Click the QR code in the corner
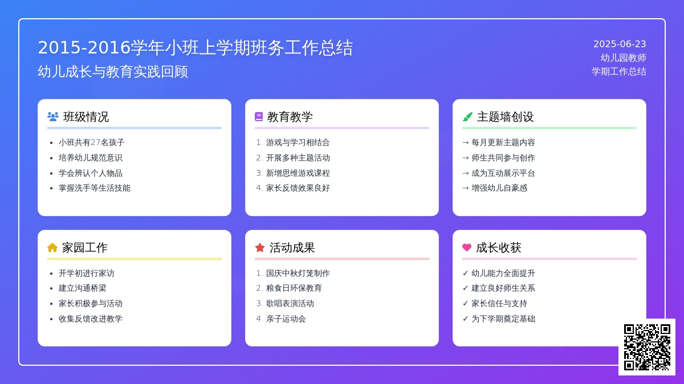click(x=647, y=347)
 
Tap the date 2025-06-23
click(x=620, y=44)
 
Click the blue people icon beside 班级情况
click(x=53, y=117)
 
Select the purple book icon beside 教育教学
click(x=259, y=117)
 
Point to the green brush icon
click(x=467, y=117)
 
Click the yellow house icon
click(x=52, y=247)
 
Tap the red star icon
click(x=260, y=247)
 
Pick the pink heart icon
click(x=467, y=247)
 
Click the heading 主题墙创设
click(x=506, y=117)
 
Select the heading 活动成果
click(x=292, y=248)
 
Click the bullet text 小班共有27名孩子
click(x=92, y=142)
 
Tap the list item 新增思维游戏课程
click(x=298, y=173)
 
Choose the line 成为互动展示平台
click(x=503, y=173)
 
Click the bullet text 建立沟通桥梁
click(x=83, y=288)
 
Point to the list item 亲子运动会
click(x=286, y=319)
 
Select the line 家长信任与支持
click(x=499, y=304)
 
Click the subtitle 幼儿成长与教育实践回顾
click(x=113, y=72)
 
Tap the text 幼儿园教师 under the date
click(x=623, y=57)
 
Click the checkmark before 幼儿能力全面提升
click(x=465, y=273)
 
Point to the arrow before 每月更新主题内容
click(x=466, y=142)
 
